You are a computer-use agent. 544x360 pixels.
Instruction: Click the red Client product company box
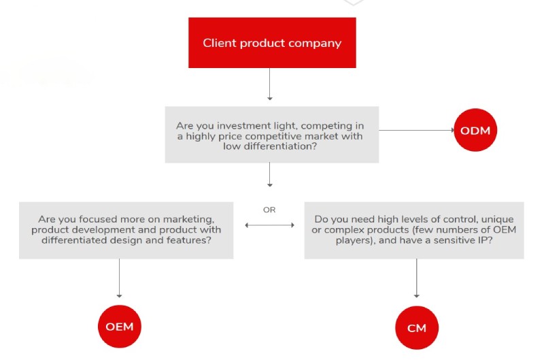pos(272,43)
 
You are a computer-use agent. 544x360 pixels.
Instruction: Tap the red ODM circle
pos(475,131)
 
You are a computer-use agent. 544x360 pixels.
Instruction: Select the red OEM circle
pos(119,326)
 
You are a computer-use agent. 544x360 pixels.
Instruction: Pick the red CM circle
pos(417,328)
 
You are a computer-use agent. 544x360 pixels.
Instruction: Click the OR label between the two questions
pos(269,210)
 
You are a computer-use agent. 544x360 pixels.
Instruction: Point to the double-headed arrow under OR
pos(269,223)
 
